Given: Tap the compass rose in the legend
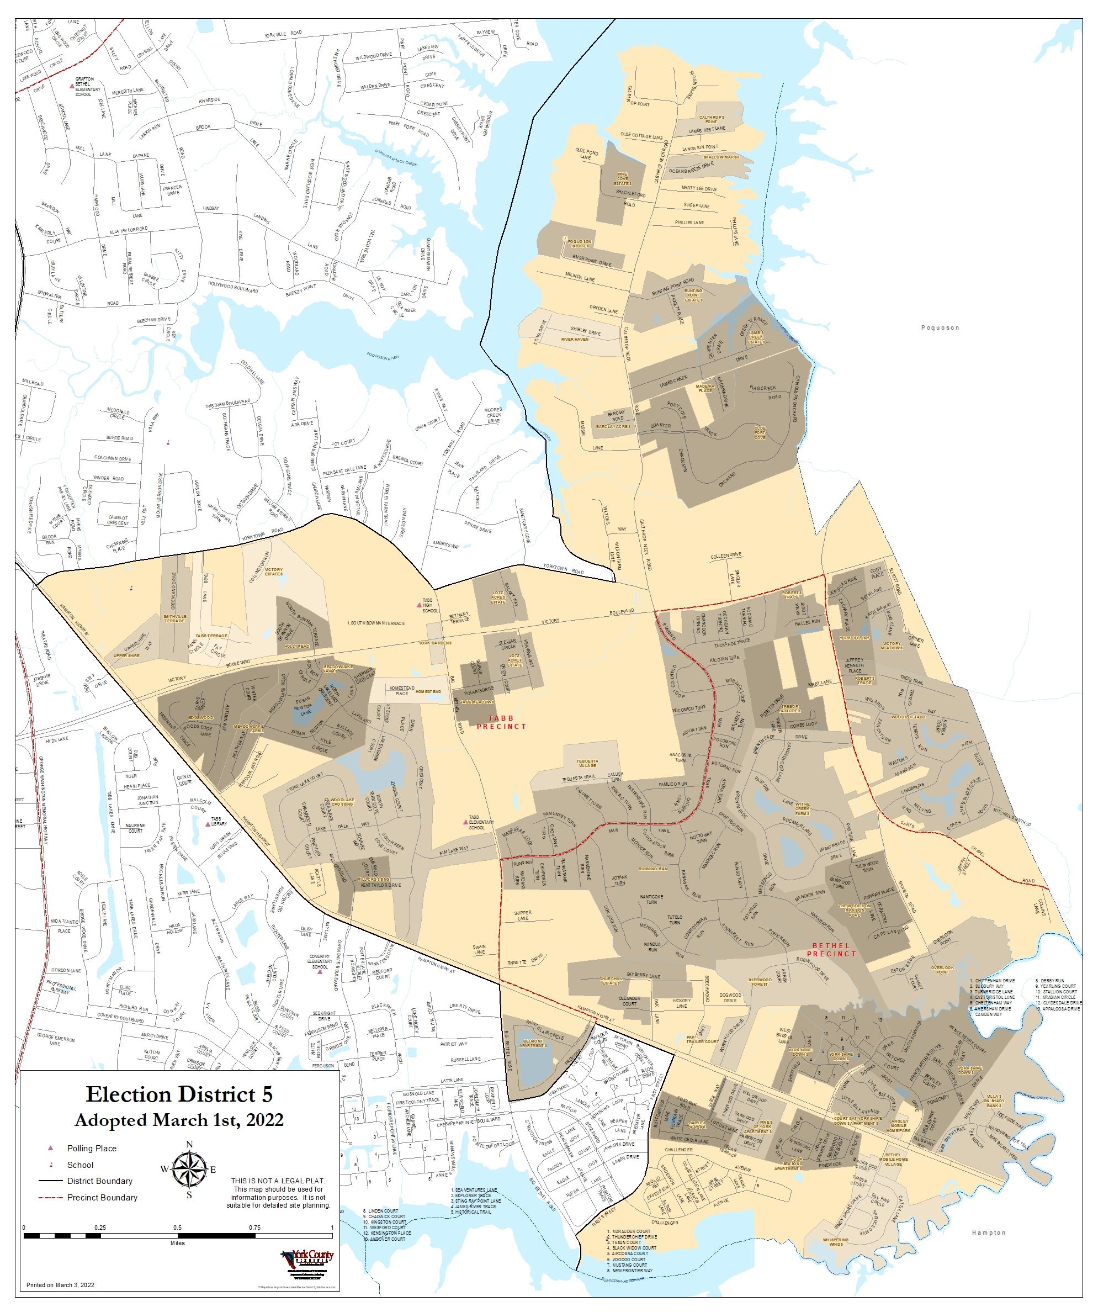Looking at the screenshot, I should (x=189, y=1169).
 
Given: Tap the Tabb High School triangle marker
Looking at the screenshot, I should (x=419, y=605).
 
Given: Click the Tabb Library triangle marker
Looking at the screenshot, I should (x=208, y=824).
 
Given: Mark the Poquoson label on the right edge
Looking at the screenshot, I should (x=940, y=327).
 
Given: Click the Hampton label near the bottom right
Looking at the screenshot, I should (x=989, y=1232).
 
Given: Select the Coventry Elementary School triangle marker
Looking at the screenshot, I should (x=319, y=971).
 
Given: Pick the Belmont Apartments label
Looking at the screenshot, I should (x=532, y=1043).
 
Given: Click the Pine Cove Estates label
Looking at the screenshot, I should (x=622, y=179).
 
